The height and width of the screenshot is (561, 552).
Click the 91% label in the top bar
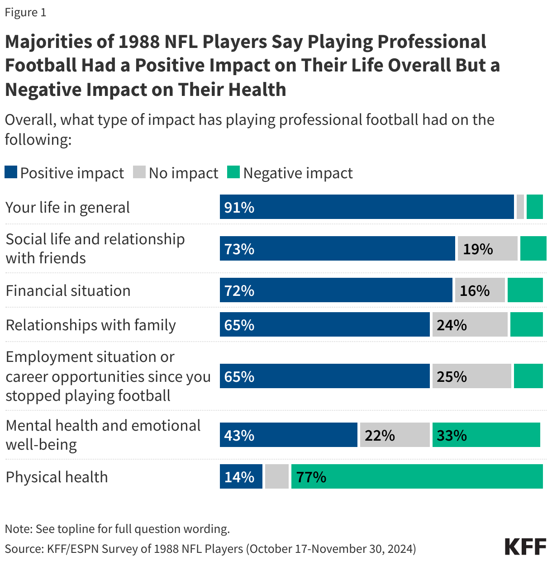pyautogui.click(x=239, y=208)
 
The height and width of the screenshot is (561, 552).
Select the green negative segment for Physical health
pyautogui.click(x=416, y=477)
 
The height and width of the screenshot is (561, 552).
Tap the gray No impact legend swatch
pyautogui.click(x=139, y=172)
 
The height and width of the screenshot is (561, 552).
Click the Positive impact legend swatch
pyautogui.click(x=11, y=172)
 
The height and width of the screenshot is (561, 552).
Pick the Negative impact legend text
pyautogui.click(x=298, y=173)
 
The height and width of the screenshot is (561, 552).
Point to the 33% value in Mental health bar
pyautogui.click(x=452, y=435)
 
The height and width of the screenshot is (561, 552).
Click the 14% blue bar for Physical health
pyautogui.click(x=241, y=477)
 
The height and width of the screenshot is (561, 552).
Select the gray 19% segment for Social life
pyautogui.click(x=487, y=249)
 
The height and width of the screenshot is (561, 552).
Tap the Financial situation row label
pyautogui.click(x=68, y=290)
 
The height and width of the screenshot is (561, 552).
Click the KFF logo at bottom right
pyautogui.click(x=525, y=547)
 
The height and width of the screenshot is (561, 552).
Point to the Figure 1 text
pyautogui.click(x=25, y=12)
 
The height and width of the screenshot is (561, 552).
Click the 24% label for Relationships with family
pyautogui.click(x=452, y=325)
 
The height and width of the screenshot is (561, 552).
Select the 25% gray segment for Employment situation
pyautogui.click(x=471, y=376)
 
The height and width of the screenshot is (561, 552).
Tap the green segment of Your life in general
pyautogui.click(x=534, y=207)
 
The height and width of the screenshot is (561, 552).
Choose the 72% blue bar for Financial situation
pyautogui.click(x=336, y=290)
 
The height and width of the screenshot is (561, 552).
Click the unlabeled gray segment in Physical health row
pyautogui.click(x=276, y=477)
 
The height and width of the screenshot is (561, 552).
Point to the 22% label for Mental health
pyautogui.click(x=380, y=435)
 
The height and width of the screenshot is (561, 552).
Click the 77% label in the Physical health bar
pyautogui.click(x=311, y=477)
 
